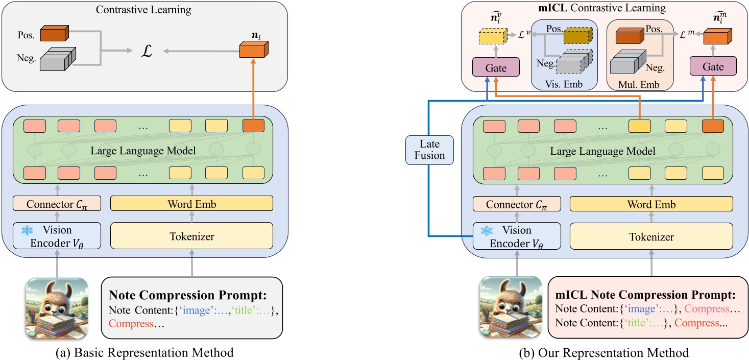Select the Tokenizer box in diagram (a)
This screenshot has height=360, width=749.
pos(191,236)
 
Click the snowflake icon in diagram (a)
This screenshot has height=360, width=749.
pos(24,231)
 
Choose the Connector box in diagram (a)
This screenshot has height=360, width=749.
pos(57,204)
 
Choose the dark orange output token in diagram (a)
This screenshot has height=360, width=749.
pos(254,125)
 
